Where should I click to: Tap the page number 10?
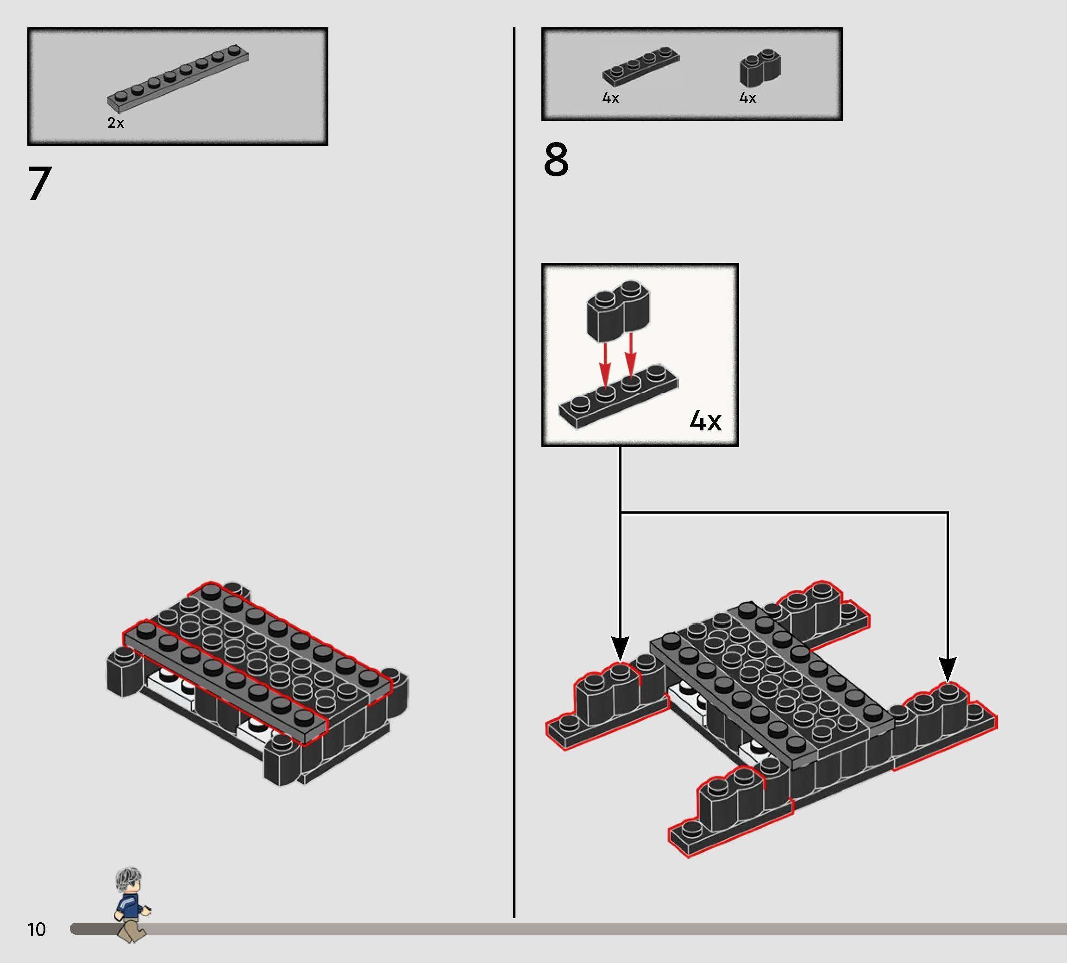click(x=37, y=929)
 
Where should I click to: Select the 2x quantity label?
click(x=115, y=123)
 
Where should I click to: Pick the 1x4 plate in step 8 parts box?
click(x=641, y=66)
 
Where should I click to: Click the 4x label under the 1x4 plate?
click(x=611, y=98)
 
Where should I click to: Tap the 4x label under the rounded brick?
click(x=748, y=98)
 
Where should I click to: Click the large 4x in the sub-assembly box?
click(x=705, y=421)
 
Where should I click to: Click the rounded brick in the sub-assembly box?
click(x=618, y=310)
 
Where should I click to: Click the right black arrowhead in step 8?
click(x=948, y=670)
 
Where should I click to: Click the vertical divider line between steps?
click(x=514, y=472)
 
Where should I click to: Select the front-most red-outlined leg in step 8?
click(x=730, y=812)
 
